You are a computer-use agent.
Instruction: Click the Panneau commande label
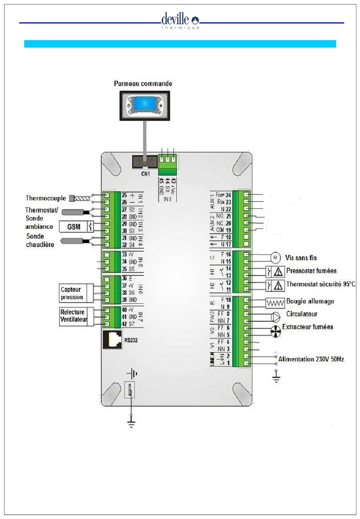pyautogui.click(x=143, y=84)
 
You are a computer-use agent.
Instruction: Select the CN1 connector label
pyautogui.click(x=145, y=174)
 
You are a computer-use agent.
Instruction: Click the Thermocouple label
pyautogui.click(x=45, y=198)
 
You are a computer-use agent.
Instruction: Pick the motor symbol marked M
pyautogui.click(x=275, y=258)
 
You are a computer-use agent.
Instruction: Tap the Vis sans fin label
pyautogui.click(x=301, y=258)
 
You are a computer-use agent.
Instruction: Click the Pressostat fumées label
pyautogui.click(x=311, y=271)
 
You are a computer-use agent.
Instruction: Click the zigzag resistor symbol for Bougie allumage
pyautogui.click(x=275, y=303)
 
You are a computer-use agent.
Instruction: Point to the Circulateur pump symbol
pyautogui.click(x=275, y=316)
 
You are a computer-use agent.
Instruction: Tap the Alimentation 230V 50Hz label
pyautogui.click(x=311, y=359)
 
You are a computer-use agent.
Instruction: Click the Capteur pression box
pyautogui.click(x=75, y=293)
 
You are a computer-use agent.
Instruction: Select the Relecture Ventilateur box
pyautogui.click(x=74, y=316)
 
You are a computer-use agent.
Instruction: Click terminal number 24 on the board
pyautogui.click(x=228, y=195)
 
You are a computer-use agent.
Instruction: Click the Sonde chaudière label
pyautogui.click(x=40, y=240)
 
